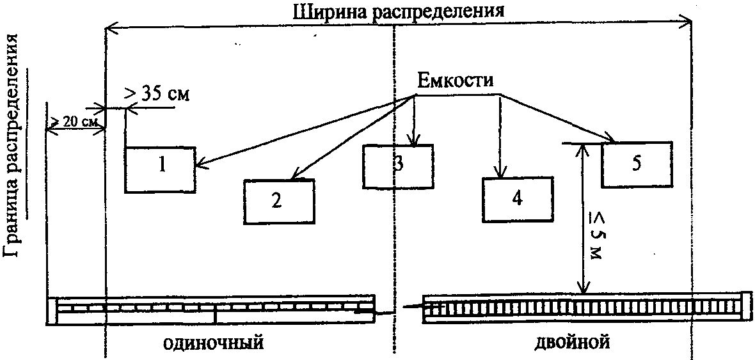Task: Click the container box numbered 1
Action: pos(160,169)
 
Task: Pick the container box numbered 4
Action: pos(518,199)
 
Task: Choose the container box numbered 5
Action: pos(636,164)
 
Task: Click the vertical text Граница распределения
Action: pos(16,147)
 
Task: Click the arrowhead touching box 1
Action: pos(199,165)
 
